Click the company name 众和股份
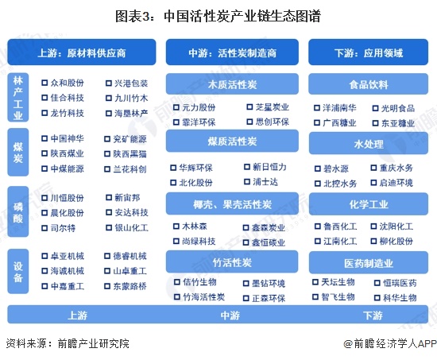pos(68,83)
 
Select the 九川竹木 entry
pos(131,99)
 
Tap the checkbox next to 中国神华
pos(44,138)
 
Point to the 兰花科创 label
pos(130,169)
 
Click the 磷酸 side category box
pos(17,211)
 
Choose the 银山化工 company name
pos(132,228)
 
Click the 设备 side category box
pos(17,271)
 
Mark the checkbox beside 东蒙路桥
pos(107,286)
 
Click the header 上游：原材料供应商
pos(82,52)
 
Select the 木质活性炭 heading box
pos(232,84)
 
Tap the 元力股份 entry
pos(199,107)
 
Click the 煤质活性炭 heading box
pos(232,141)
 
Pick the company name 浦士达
pos(265,182)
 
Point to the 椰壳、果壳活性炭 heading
pos(232,204)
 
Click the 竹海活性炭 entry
pos(203,297)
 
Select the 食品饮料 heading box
pos(368,84)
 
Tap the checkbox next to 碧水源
pos(318,168)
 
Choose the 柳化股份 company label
pos(396,242)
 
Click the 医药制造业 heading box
pos(369,263)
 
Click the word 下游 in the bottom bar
pos(373,315)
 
